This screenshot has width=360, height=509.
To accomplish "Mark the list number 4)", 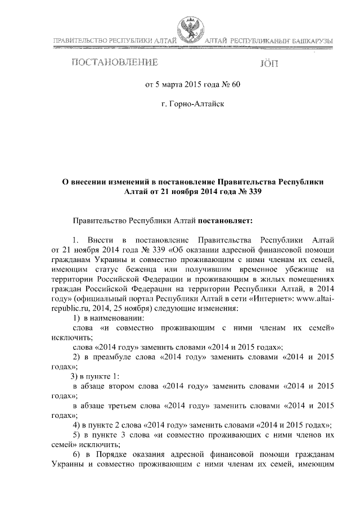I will [78, 425].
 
